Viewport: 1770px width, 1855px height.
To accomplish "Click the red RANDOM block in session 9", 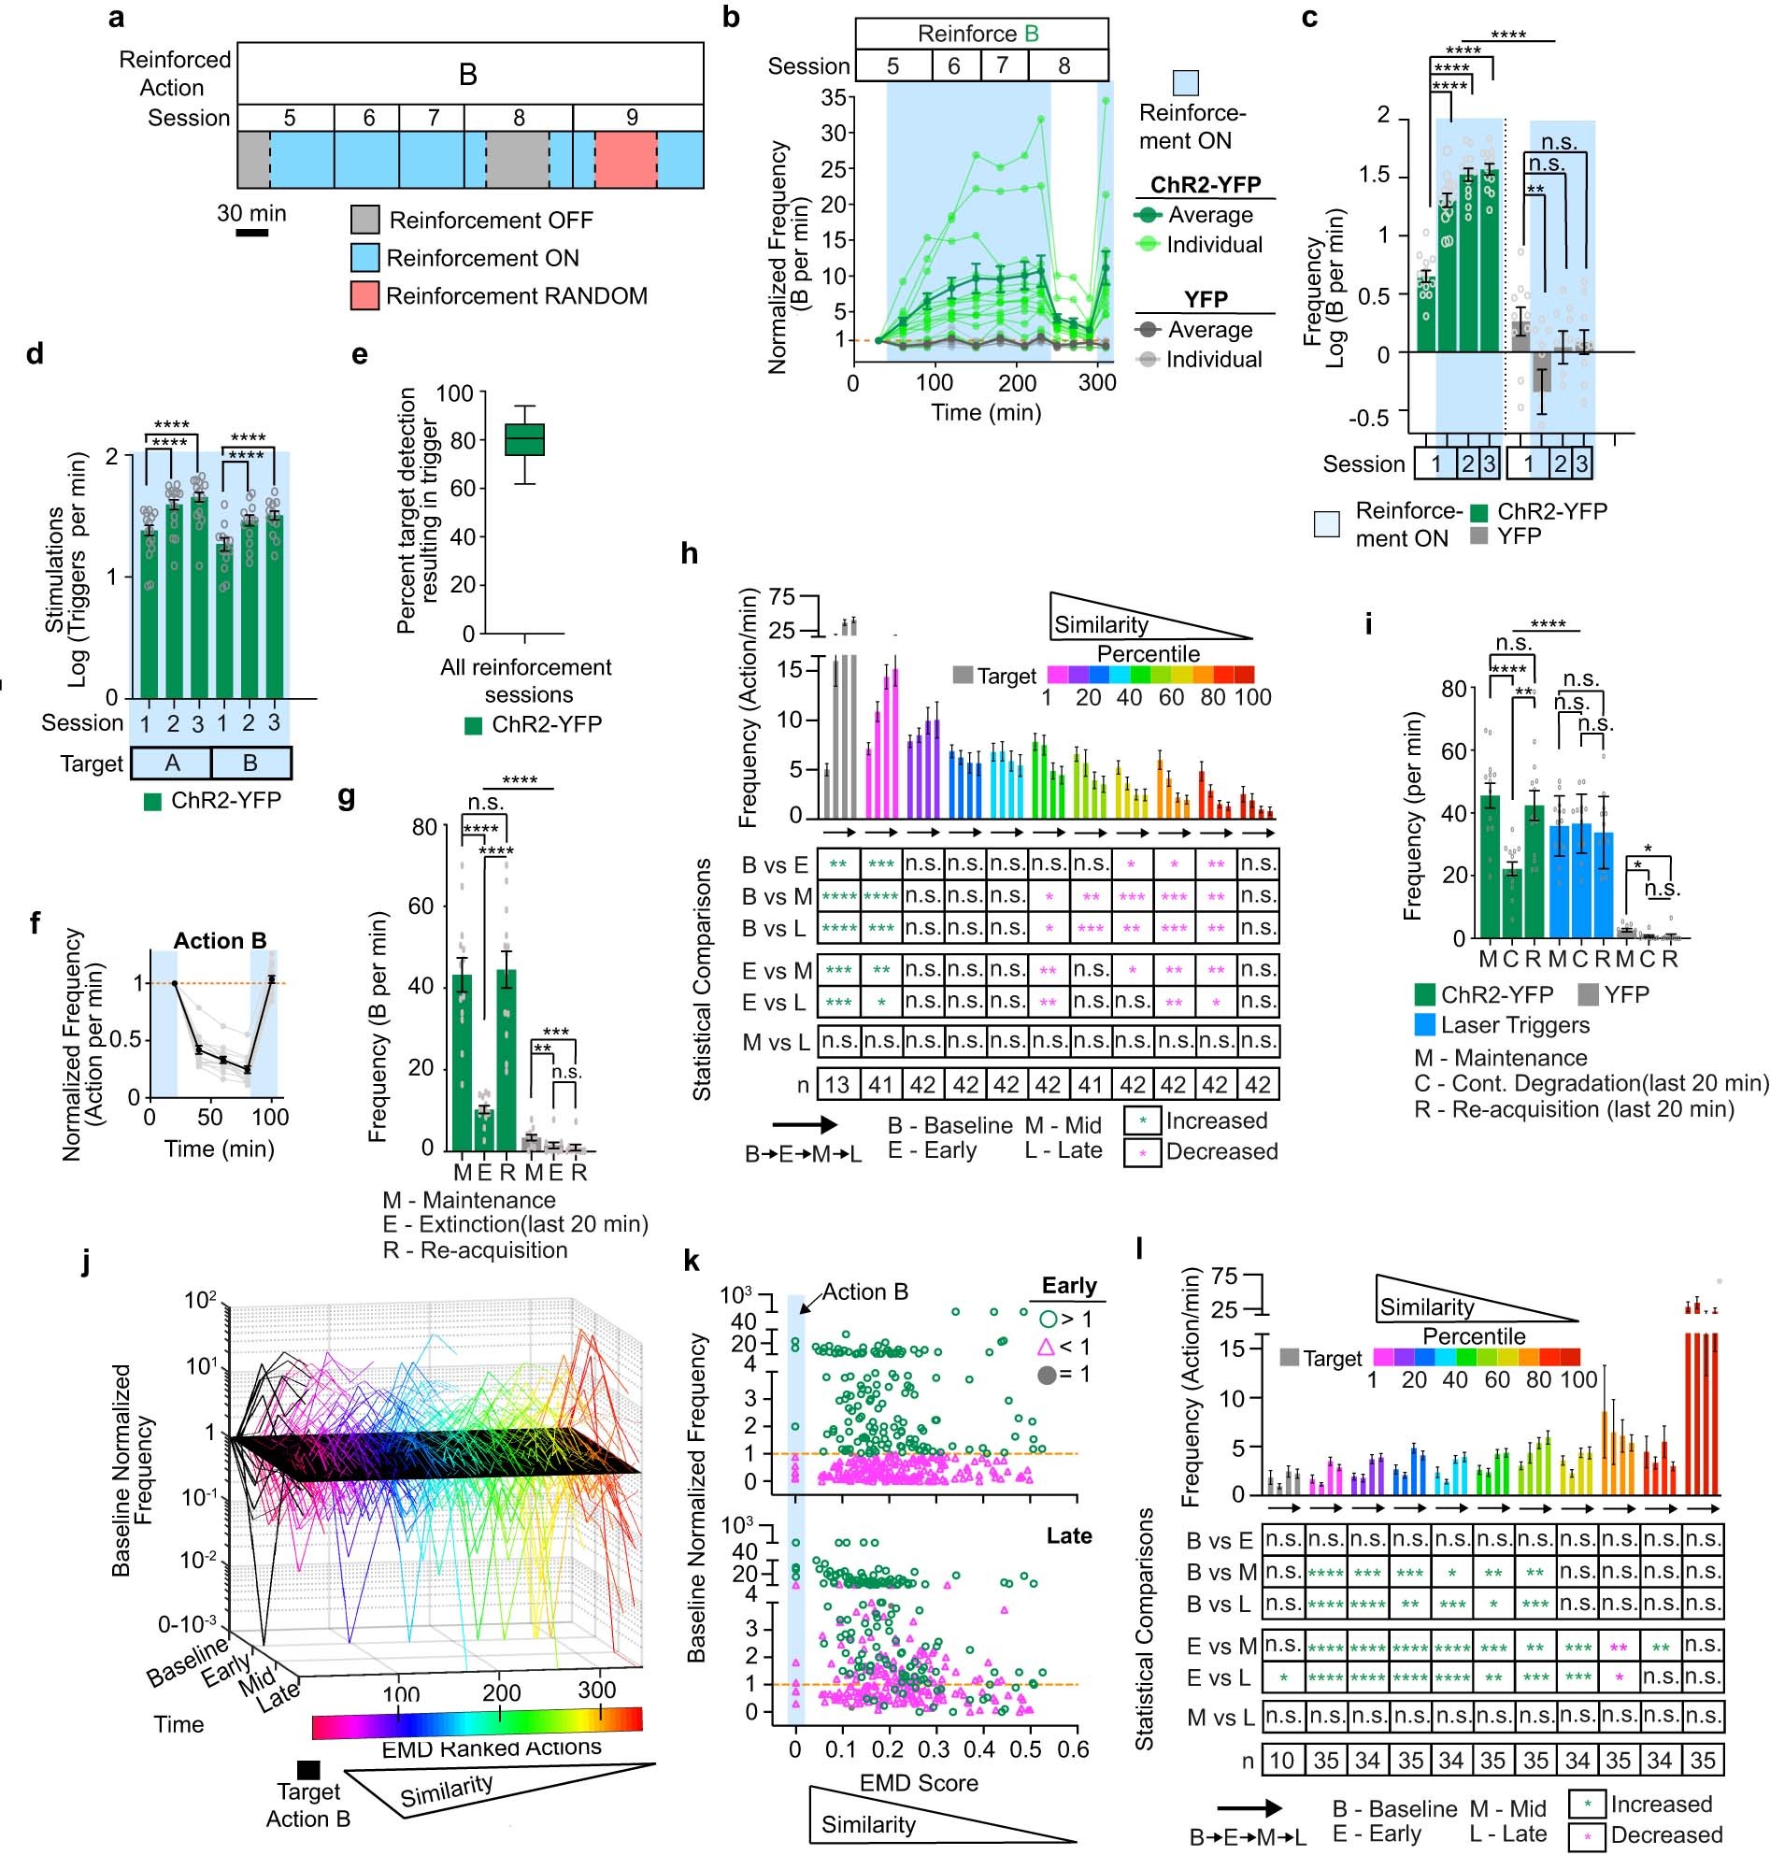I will pyautogui.click(x=625, y=160).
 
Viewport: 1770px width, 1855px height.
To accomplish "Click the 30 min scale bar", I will pyautogui.click(x=252, y=231).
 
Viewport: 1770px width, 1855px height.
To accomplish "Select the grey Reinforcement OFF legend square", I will pyautogui.click(x=365, y=220).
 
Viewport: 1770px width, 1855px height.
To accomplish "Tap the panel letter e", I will pyautogui.click(x=359, y=355).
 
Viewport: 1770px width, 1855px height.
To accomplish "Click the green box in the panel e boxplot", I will pyautogui.click(x=524, y=440).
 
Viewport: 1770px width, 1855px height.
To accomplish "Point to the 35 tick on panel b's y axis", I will pyautogui.click(x=834, y=97).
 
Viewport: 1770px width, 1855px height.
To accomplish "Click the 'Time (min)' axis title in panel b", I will pyautogui.click(x=986, y=412).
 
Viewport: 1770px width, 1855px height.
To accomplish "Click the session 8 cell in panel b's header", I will pyautogui.click(x=1063, y=66).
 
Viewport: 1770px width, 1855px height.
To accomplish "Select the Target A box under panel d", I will pyautogui.click(x=171, y=763).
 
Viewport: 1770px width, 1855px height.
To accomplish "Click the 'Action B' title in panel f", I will pyautogui.click(x=219, y=941).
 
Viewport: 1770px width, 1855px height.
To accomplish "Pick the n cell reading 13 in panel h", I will pyautogui.click(x=837, y=1085).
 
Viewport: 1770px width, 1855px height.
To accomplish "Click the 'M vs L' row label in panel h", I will pyautogui.click(x=776, y=1043).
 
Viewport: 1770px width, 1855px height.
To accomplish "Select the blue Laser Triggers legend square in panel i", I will pyautogui.click(x=1424, y=1024).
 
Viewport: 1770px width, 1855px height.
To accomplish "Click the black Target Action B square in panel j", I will pyautogui.click(x=307, y=1769).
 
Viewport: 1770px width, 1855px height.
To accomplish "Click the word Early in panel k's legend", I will pyautogui.click(x=1068, y=1286).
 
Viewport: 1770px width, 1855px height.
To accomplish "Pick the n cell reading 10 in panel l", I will pyautogui.click(x=1281, y=1760).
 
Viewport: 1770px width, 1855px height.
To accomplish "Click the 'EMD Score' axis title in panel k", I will pyautogui.click(x=918, y=1782).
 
